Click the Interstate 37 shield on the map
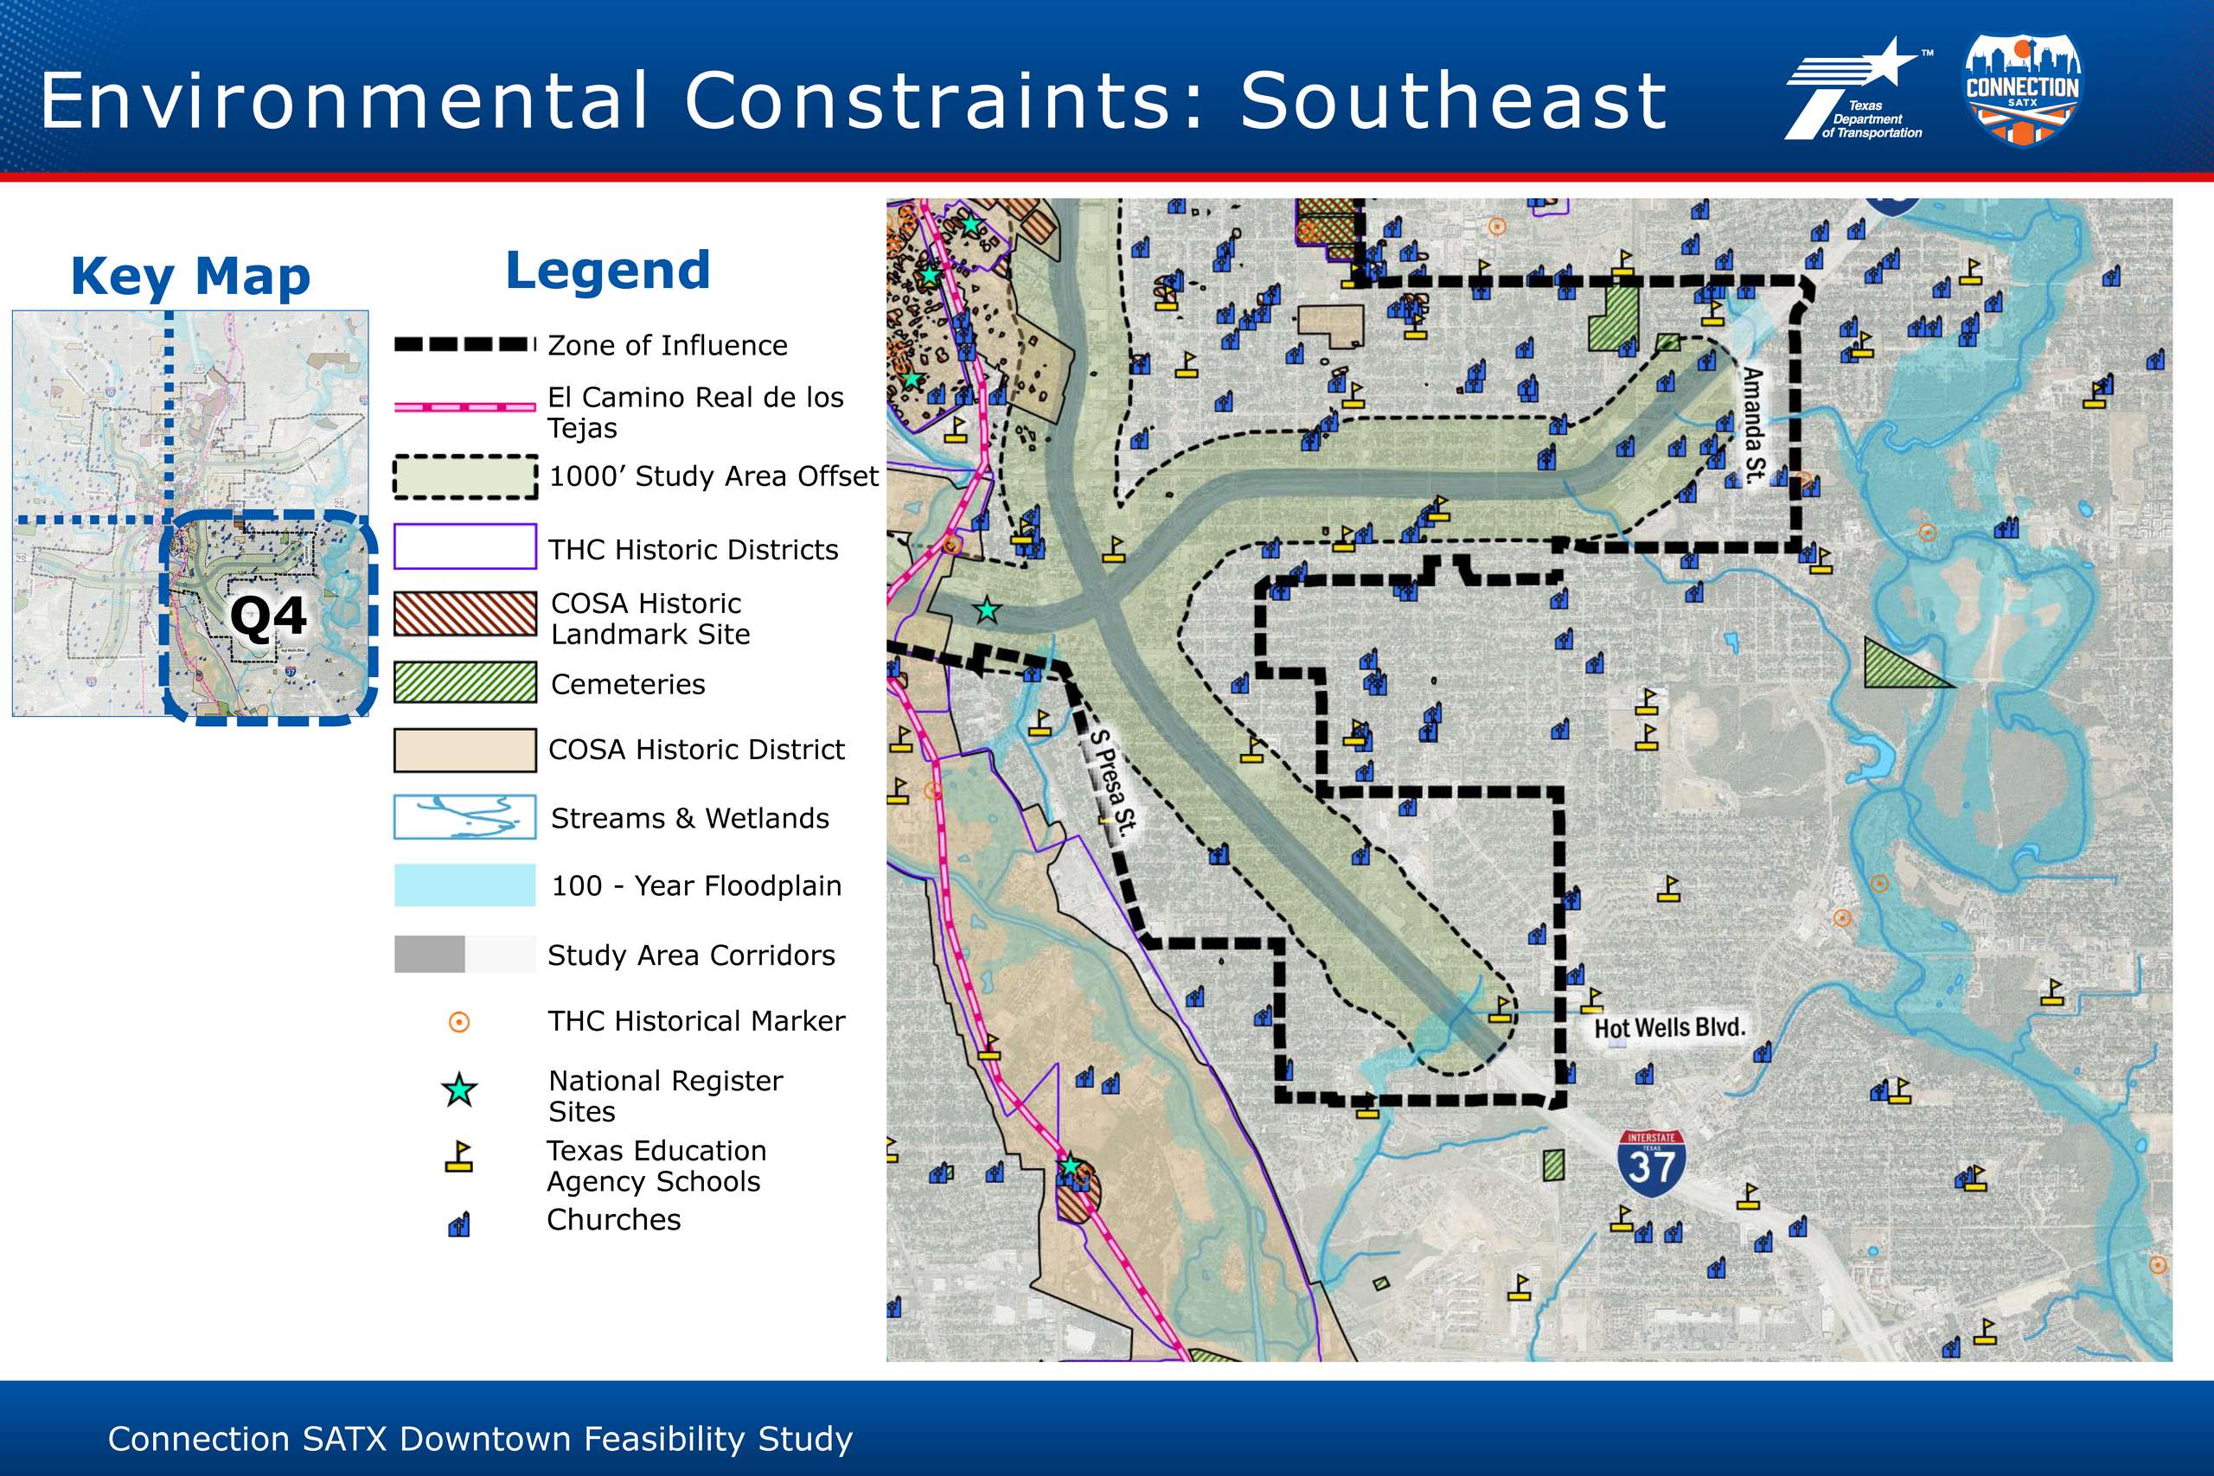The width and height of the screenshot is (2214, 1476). point(1651,1164)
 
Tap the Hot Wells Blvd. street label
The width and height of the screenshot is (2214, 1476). point(1669,1027)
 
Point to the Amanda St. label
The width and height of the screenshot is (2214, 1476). point(1753,426)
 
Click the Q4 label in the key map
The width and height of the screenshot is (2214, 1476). point(268,617)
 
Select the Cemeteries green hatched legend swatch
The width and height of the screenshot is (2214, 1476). point(465,682)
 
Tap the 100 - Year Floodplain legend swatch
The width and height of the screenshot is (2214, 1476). point(465,885)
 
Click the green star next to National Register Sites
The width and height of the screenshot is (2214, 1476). point(459,1090)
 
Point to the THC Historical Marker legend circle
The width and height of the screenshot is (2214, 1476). point(459,1021)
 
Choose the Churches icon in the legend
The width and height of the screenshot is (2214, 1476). point(458,1224)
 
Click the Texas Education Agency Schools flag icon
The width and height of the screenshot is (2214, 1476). point(458,1156)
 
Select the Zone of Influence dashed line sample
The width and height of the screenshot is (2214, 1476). point(465,344)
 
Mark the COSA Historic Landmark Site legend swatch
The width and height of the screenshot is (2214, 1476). point(465,614)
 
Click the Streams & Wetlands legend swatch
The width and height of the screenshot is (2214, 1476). point(465,817)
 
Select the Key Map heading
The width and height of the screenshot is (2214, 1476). point(191,277)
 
